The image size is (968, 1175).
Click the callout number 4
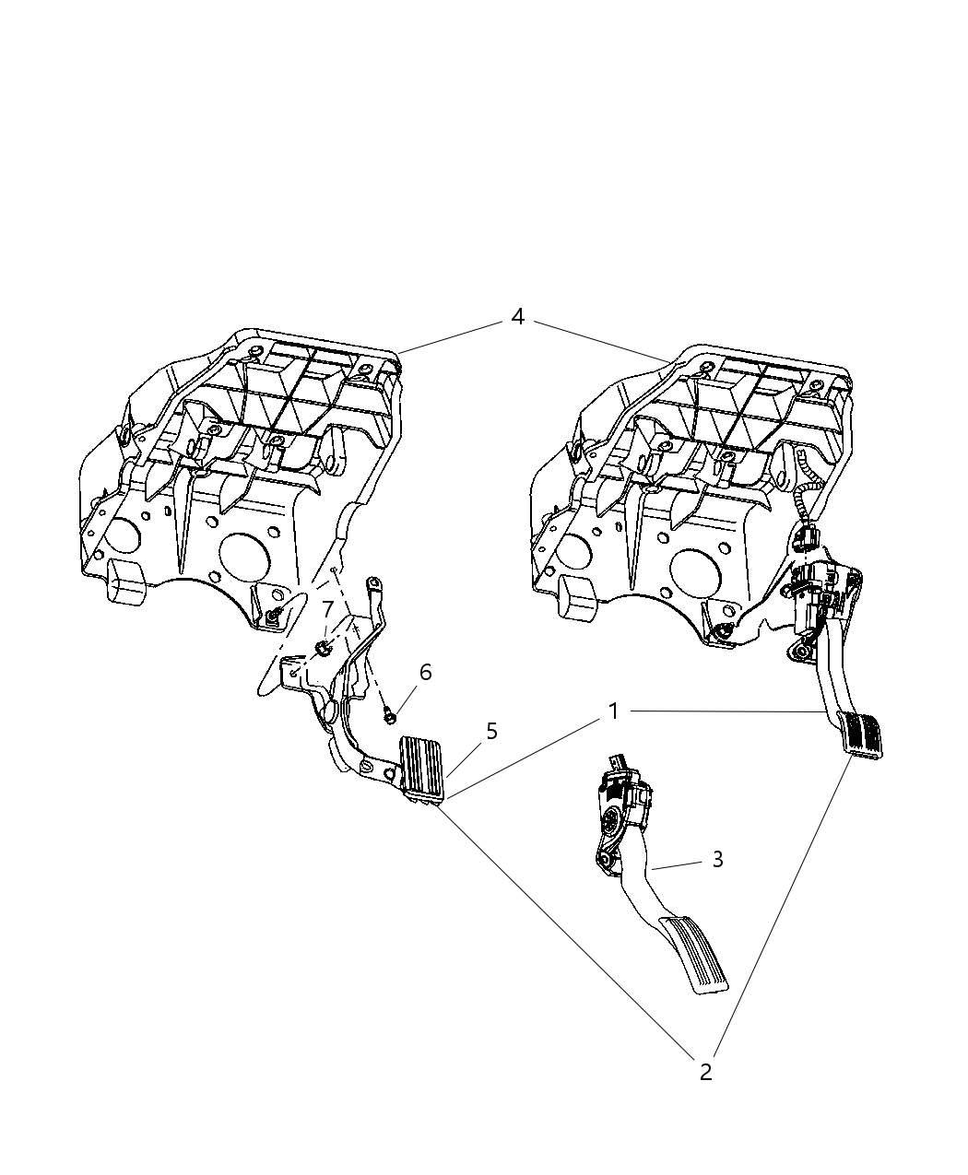(x=518, y=317)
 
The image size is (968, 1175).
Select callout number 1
(x=613, y=711)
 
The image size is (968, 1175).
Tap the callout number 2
(x=705, y=1072)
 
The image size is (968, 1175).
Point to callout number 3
(x=717, y=859)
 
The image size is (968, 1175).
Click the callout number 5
(x=491, y=731)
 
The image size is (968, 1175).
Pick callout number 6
(x=425, y=672)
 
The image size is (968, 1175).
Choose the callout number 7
(x=327, y=610)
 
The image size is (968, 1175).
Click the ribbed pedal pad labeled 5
(x=421, y=763)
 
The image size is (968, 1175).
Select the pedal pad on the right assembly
(x=865, y=735)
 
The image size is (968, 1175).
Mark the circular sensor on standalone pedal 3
(x=613, y=818)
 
